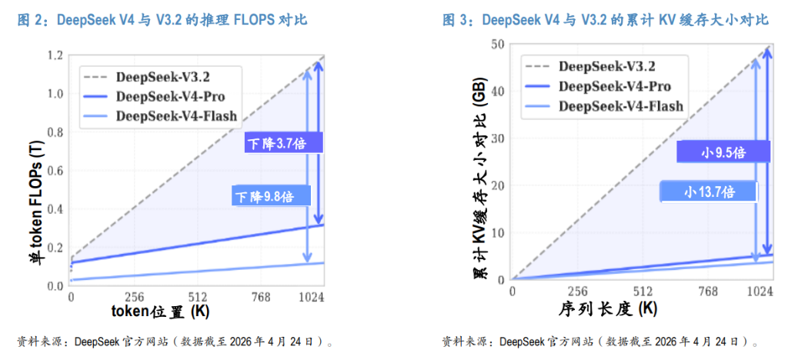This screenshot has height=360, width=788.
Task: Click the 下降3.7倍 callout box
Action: coord(282,143)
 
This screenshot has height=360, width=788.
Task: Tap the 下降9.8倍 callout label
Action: coord(272,197)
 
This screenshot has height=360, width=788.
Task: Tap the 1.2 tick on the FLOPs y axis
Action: coord(54,55)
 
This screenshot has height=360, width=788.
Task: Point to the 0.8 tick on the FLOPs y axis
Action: coord(54,132)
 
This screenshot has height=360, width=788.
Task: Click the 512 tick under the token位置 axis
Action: coord(198,297)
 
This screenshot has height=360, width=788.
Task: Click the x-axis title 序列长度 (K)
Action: coord(608,309)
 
